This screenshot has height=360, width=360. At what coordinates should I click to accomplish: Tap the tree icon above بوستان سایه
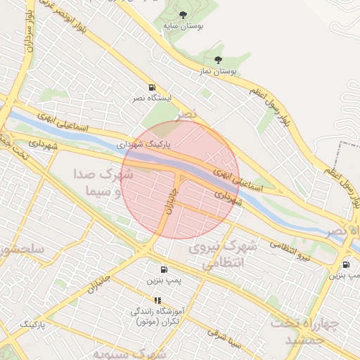(x=184, y=14)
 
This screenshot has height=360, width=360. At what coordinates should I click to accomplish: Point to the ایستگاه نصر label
(x=150, y=98)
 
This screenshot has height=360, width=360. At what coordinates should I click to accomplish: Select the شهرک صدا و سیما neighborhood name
(x=101, y=181)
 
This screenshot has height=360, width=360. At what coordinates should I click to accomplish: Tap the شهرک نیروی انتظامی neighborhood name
(x=229, y=255)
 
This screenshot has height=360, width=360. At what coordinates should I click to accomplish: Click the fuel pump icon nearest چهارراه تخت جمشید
(x=346, y=264)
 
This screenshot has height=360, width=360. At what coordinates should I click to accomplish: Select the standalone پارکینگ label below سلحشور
(x=32, y=325)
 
